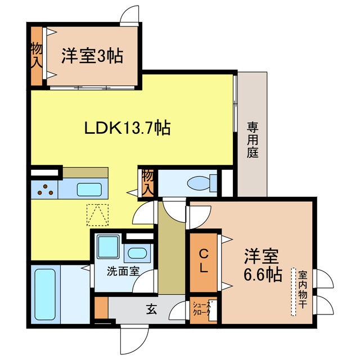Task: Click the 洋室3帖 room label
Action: click(x=92, y=56)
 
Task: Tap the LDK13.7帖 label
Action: click(x=128, y=128)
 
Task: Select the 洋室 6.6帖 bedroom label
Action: click(x=262, y=265)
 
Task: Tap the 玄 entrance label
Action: click(x=152, y=308)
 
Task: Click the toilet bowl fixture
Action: click(x=200, y=182)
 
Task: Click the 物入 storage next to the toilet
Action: click(x=147, y=182)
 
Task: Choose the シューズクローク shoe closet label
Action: click(x=201, y=309)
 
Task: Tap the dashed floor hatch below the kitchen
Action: click(x=96, y=214)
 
